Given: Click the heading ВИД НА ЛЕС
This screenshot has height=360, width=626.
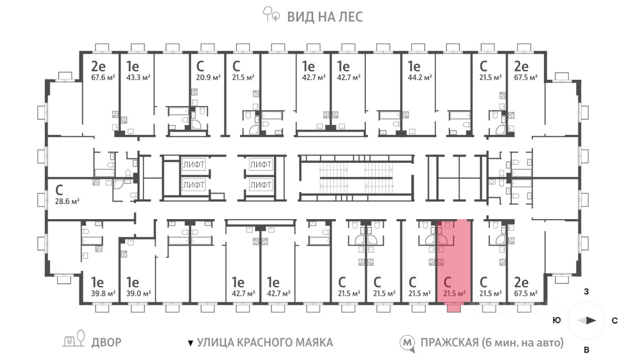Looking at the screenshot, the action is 325,17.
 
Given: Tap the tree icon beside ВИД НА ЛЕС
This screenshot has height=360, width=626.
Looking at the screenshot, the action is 271,14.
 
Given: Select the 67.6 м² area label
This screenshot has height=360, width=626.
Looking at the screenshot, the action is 103,77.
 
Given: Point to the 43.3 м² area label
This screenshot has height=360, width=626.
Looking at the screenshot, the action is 138,77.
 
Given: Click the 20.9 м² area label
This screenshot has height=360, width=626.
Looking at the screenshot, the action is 208,77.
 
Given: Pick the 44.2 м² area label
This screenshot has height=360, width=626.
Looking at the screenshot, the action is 420,77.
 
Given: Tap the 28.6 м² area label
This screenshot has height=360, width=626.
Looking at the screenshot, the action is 67,201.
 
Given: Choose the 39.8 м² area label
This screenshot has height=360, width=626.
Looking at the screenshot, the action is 103,294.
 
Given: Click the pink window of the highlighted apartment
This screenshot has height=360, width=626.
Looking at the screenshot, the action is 454,308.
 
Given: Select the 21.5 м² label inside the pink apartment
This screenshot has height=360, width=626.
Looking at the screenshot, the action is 454,294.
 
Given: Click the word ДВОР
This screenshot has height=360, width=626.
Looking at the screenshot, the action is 107,342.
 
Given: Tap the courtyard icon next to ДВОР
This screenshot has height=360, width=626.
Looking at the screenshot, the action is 73,339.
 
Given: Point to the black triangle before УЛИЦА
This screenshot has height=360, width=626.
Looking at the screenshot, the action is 191,343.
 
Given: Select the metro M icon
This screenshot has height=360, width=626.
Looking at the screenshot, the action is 407,343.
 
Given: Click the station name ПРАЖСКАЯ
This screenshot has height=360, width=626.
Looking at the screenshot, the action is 449,342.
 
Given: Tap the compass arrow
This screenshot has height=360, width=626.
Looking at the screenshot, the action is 587,320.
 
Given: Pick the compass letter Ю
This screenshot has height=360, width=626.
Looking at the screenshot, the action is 557,320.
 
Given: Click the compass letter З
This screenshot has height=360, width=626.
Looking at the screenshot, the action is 586,292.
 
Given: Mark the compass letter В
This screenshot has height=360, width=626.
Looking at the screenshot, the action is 586,350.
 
